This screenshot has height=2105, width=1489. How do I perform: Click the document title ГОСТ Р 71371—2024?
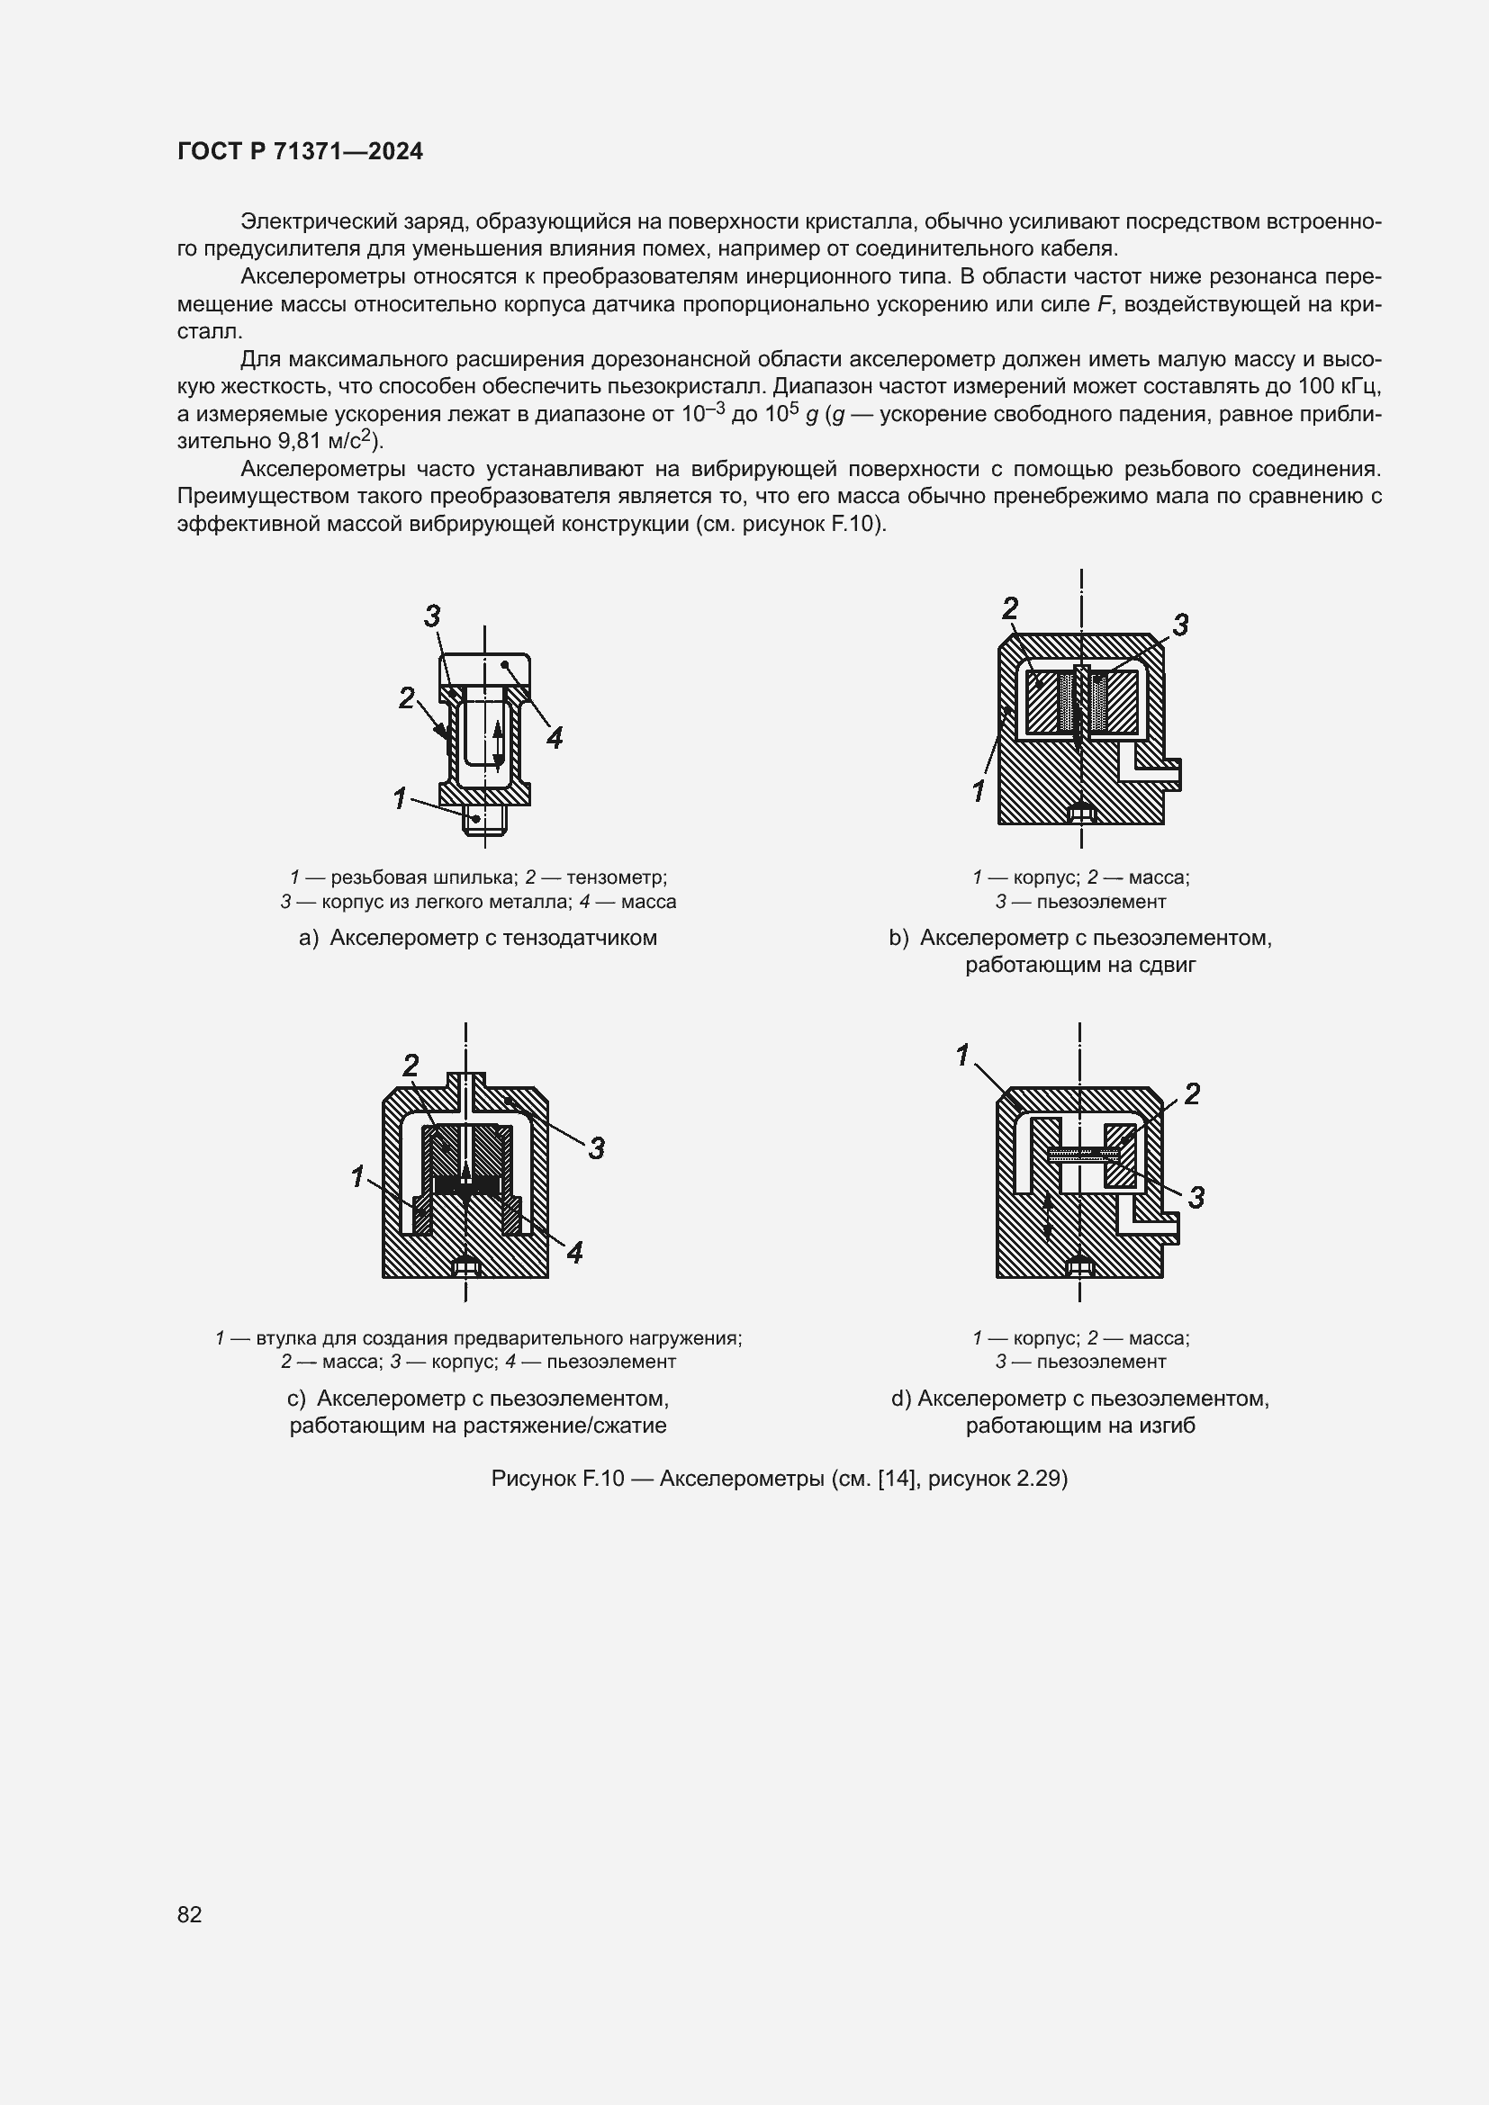coord(300,152)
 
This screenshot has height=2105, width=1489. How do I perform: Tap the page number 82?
coord(190,1914)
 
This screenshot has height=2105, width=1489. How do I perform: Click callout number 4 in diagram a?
coord(554,737)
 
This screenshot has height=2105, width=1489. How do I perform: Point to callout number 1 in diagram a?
coord(400,798)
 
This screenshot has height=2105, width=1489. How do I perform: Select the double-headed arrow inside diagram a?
coord(497,744)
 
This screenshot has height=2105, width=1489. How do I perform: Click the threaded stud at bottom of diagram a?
coord(484,820)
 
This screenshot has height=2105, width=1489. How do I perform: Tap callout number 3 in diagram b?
coord(1181,625)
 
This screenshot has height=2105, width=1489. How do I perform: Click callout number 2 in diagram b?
coord(1009,607)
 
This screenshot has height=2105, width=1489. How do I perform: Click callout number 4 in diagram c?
coord(575,1253)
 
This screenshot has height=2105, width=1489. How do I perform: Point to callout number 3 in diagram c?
coord(597,1147)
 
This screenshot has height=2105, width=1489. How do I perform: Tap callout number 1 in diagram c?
coord(358,1175)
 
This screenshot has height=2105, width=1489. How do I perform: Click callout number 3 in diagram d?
coord(1196,1196)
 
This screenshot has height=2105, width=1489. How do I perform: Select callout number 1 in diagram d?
coord(962,1056)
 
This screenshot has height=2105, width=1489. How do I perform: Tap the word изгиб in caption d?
coord(1169,1426)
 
